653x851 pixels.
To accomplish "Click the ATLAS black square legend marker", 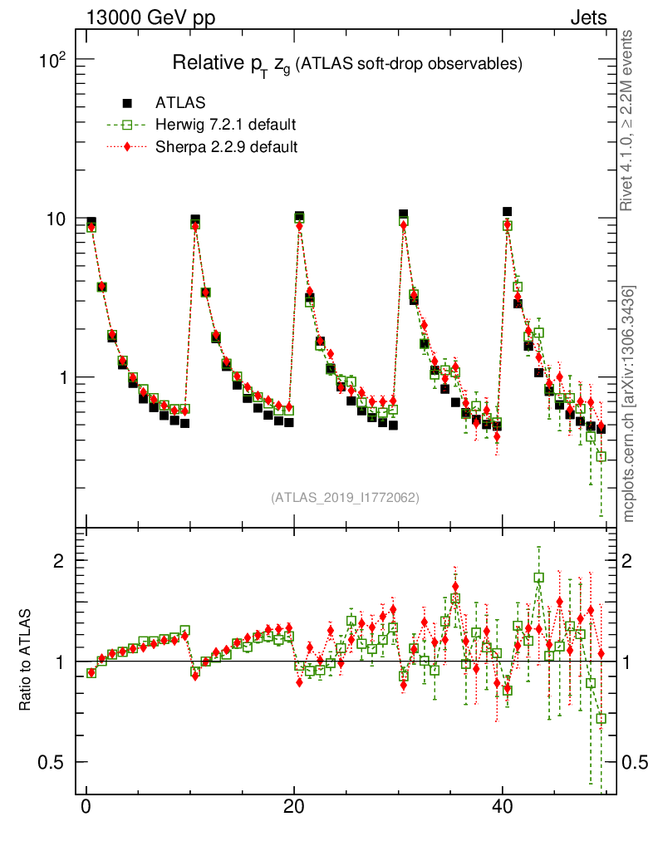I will [x=127, y=104].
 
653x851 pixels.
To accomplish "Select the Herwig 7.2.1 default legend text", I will [x=226, y=125].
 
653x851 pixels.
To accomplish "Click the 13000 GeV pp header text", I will [x=150, y=17].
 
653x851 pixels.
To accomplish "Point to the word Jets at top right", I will [x=587, y=17].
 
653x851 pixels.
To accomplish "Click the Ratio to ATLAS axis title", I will [x=26, y=660].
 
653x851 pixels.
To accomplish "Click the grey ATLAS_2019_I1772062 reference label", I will [x=345, y=498].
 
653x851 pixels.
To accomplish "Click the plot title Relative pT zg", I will [x=346, y=63].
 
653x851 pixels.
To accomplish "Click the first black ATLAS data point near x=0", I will [x=91, y=223].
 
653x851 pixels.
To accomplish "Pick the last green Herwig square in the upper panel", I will [x=601, y=456].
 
